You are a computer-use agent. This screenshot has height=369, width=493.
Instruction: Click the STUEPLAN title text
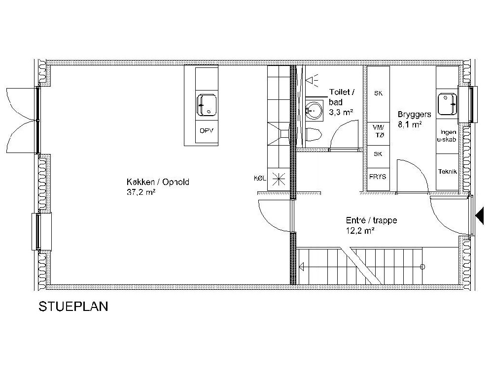(x=73, y=306)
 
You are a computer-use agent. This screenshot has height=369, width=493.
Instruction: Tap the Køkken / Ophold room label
(x=158, y=182)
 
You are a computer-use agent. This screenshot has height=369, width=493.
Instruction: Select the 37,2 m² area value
(x=141, y=192)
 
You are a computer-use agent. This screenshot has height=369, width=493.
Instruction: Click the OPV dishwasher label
(x=207, y=130)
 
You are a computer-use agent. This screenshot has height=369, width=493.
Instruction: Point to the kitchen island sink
(x=207, y=105)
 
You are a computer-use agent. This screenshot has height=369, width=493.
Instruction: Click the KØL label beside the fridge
(x=260, y=179)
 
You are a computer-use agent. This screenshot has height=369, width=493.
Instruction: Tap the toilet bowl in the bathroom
(x=314, y=135)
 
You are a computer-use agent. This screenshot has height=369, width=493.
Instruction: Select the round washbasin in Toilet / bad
(x=314, y=110)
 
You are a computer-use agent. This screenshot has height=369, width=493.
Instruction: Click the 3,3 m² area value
(x=341, y=112)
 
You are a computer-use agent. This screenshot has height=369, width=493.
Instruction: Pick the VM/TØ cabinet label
(x=378, y=131)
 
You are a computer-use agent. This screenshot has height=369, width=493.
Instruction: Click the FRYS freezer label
(x=378, y=177)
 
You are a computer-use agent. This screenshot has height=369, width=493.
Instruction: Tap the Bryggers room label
(x=415, y=115)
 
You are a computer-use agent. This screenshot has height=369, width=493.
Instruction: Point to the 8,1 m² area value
(x=410, y=124)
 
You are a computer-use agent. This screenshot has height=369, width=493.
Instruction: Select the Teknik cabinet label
(x=448, y=172)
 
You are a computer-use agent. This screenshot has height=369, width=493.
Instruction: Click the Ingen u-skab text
(x=447, y=136)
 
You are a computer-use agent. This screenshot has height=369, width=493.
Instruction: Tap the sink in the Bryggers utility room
(x=448, y=104)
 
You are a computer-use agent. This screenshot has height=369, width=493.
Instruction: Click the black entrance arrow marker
(x=480, y=216)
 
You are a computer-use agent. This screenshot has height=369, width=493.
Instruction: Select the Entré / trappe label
(x=372, y=220)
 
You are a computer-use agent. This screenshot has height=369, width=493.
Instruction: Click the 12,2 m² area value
(x=360, y=231)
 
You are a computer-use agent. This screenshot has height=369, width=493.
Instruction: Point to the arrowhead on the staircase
(x=302, y=267)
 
